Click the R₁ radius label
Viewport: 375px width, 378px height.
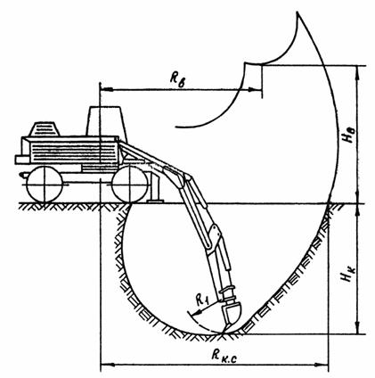[x=203, y=300]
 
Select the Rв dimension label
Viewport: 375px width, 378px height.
[x=177, y=78]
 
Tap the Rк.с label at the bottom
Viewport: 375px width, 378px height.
[x=224, y=355]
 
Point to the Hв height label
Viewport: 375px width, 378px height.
[x=348, y=136]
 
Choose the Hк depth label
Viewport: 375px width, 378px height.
[x=348, y=273]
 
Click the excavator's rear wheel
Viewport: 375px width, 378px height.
[x=45, y=185]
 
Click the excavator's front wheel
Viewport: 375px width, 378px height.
[x=130, y=185]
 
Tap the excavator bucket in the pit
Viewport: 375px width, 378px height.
[x=232, y=316]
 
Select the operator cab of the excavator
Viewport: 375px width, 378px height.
[x=107, y=121]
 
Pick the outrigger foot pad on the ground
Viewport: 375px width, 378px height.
[x=155, y=201]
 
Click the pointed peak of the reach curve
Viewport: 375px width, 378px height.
[x=298, y=12]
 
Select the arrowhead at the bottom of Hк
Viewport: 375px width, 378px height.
[x=358, y=327]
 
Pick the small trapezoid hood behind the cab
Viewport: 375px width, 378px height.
[x=45, y=129]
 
